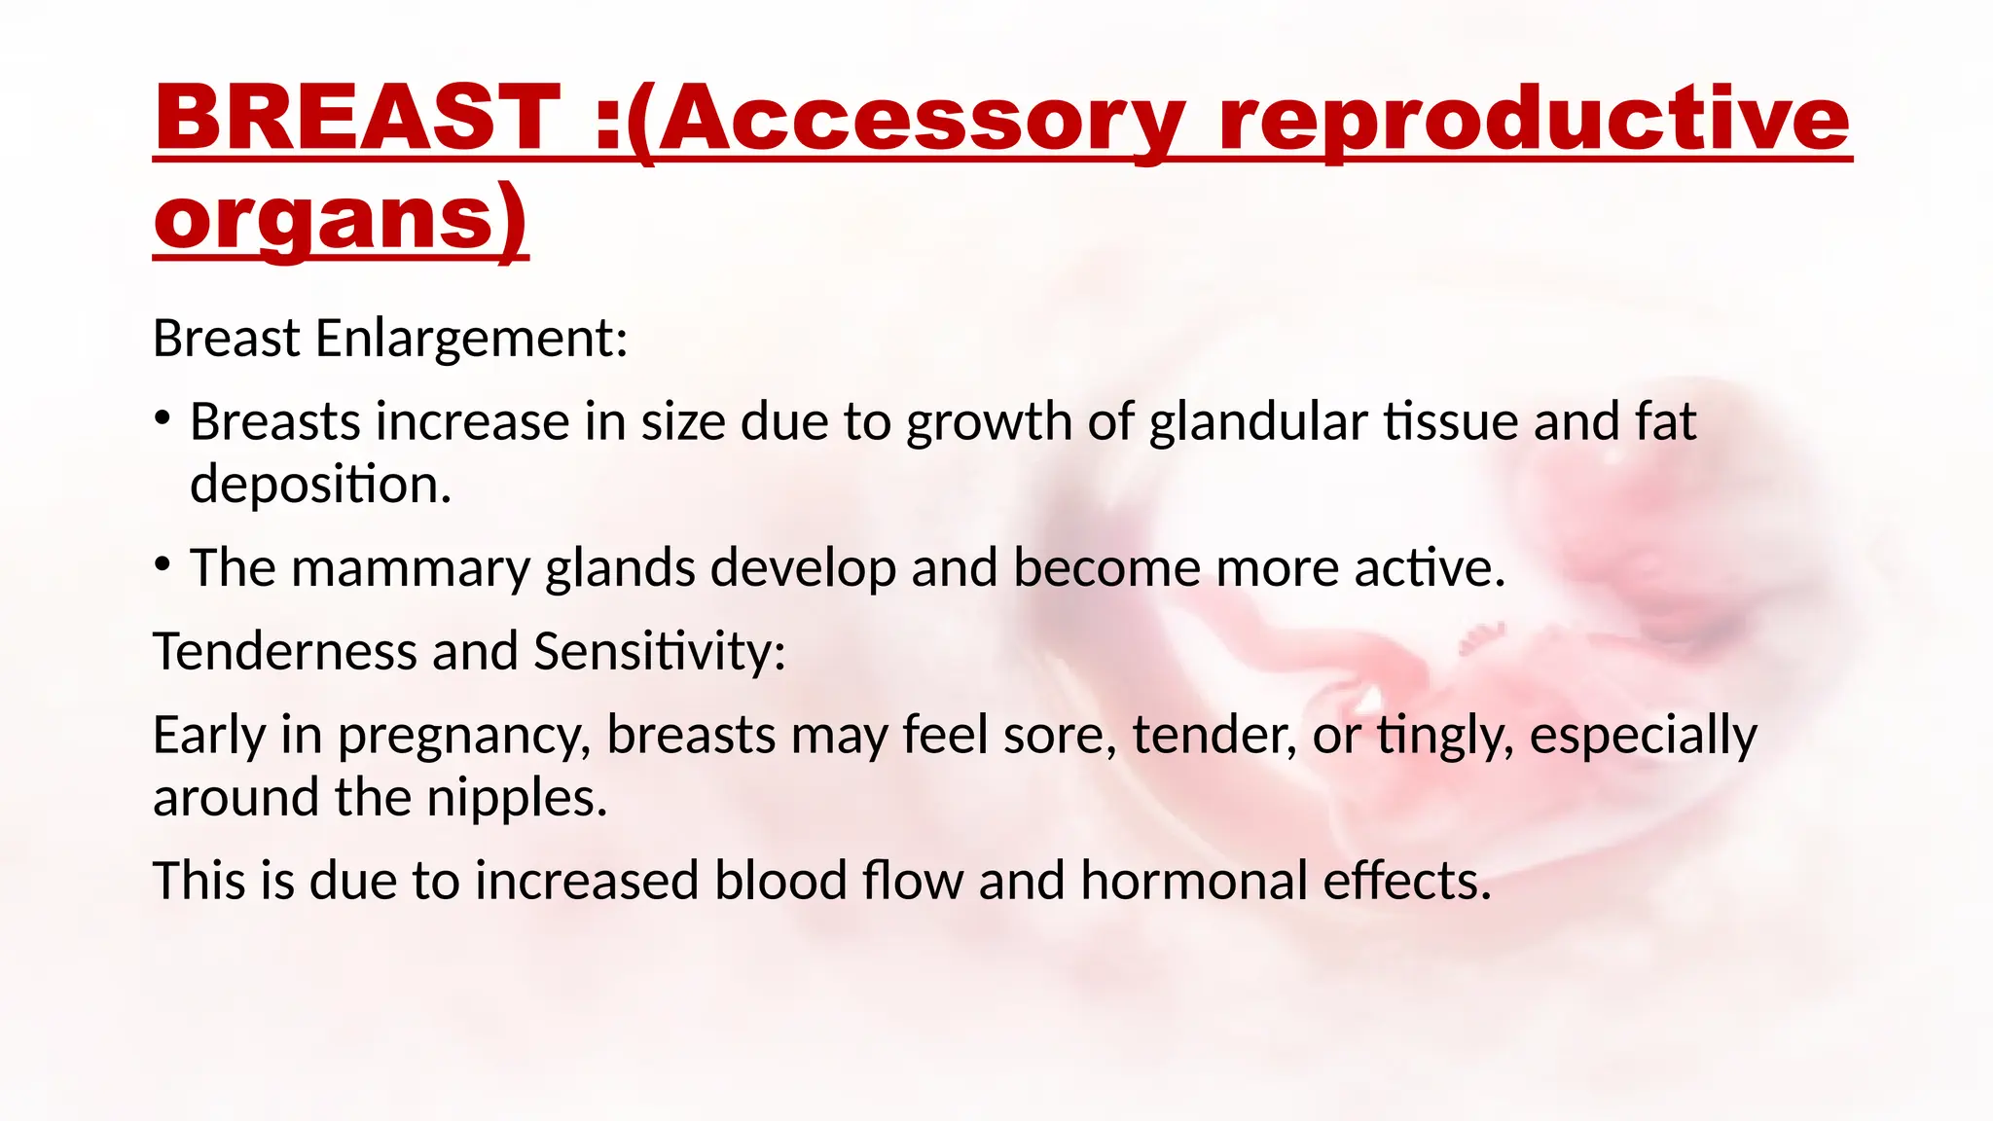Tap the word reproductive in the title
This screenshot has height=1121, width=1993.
coord(1534,119)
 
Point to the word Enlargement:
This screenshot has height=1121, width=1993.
coord(471,339)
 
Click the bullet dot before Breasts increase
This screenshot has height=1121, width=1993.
coord(163,419)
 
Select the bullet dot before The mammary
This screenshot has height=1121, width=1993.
coord(163,564)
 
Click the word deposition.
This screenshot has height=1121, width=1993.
coord(320,484)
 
